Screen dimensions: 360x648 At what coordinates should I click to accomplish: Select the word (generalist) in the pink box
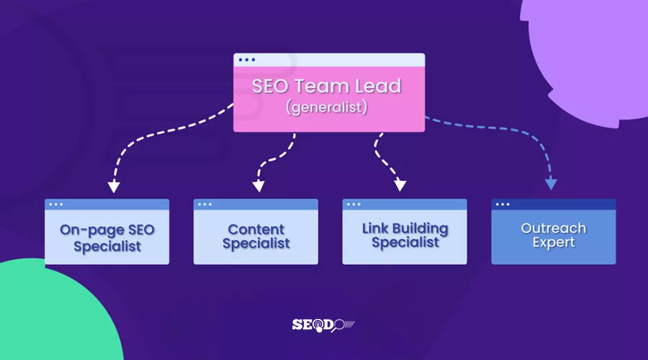[326, 108]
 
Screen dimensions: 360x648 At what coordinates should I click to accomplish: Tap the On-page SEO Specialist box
[107, 232]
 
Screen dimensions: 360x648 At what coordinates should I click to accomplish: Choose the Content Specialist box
[256, 232]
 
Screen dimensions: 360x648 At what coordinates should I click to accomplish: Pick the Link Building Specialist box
[405, 232]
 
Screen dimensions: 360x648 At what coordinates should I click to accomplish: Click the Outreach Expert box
[553, 232]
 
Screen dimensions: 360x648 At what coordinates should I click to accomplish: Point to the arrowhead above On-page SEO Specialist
[112, 187]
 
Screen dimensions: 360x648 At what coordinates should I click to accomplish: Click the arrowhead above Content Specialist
[258, 187]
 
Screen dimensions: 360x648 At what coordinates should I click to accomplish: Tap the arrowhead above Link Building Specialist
[400, 186]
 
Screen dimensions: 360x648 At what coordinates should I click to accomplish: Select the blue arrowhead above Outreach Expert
[551, 184]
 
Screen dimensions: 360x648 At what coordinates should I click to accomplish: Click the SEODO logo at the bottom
[323, 325]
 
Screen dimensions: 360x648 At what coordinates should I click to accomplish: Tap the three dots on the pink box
[246, 60]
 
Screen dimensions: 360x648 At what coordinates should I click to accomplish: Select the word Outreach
[553, 228]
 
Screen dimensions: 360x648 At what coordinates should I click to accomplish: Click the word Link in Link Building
[375, 228]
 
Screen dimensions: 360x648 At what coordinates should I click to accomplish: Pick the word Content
[256, 230]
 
